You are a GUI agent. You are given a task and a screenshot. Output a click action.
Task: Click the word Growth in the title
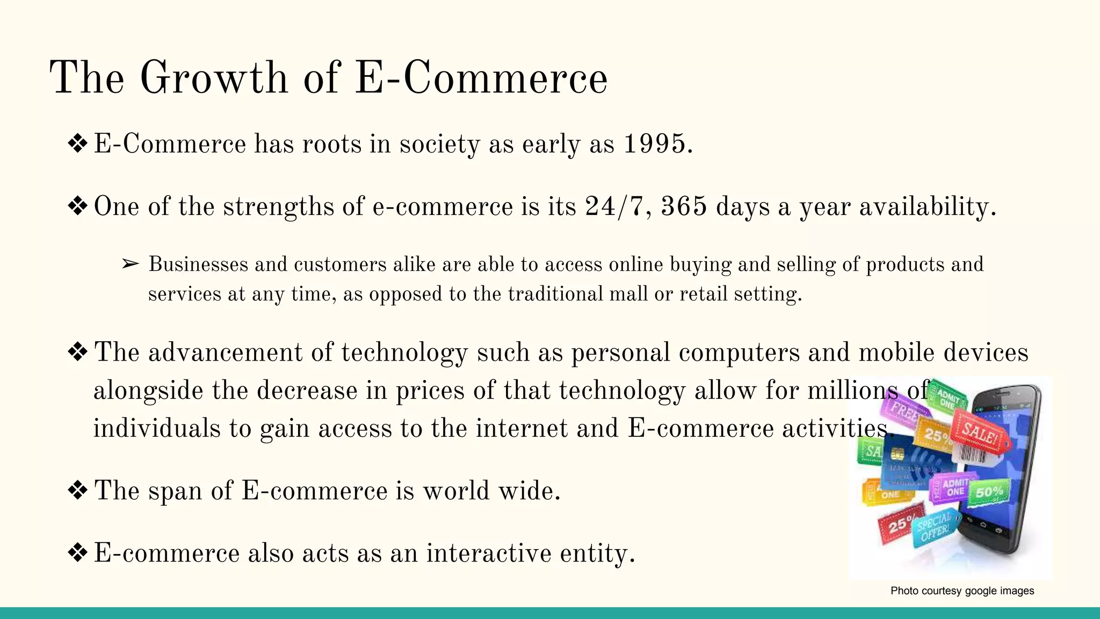(x=214, y=78)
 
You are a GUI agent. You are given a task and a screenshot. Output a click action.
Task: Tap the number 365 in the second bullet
(x=683, y=207)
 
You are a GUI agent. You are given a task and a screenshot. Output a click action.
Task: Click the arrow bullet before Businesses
(x=130, y=264)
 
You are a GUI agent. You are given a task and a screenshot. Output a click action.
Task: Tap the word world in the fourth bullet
(x=456, y=491)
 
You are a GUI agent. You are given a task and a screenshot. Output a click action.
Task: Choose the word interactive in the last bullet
(x=489, y=553)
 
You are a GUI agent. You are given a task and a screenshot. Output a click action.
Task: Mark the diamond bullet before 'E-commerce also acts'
(x=78, y=553)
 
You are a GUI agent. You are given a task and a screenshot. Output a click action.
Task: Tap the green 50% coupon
(x=989, y=492)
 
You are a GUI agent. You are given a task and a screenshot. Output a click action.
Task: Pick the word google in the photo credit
(x=981, y=591)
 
